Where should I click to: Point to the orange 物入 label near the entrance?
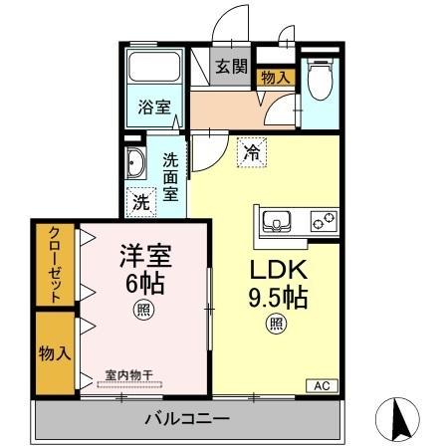coord(275,77)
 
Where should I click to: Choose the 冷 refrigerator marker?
coord(252,152)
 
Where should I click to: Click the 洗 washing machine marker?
coord(140,200)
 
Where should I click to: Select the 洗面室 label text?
coord(171,174)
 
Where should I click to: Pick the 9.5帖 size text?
coord(277,297)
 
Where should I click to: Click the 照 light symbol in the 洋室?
coord(146,310)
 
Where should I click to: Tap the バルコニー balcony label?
coord(188,419)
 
